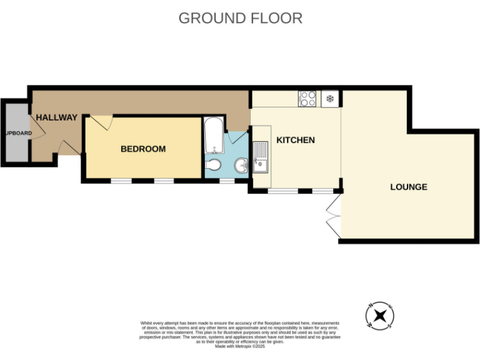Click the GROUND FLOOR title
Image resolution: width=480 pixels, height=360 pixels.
240,18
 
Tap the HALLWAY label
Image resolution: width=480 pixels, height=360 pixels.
56,117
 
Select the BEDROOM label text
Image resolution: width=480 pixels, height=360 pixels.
143,149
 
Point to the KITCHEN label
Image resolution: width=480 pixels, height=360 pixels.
296,140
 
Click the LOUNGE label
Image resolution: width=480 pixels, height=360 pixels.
408,186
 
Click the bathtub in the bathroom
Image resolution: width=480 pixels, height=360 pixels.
214,136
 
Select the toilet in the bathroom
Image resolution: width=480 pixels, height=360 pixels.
214,164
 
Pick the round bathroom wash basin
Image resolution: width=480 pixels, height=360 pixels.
241,166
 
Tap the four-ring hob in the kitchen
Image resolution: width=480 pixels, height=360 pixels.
307,99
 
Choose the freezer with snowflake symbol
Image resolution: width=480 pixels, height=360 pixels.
329,99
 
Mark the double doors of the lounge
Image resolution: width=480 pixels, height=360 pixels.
334,216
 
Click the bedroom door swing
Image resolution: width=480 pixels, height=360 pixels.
101,122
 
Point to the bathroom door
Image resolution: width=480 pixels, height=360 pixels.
237,137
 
